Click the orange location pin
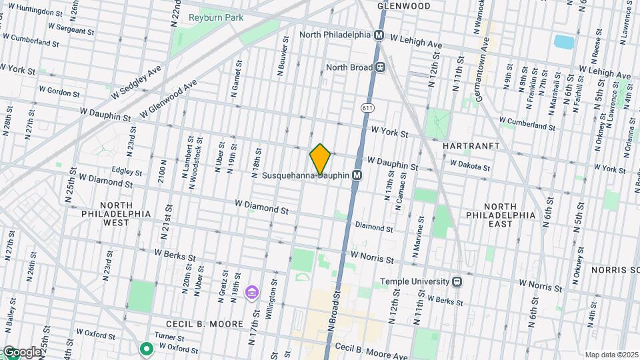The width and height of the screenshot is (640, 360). click(x=320, y=159)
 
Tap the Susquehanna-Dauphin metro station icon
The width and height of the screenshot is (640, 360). click(x=357, y=175)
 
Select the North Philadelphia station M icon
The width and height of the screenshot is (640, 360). click(x=379, y=35)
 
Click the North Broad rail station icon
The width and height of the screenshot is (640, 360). click(x=381, y=67)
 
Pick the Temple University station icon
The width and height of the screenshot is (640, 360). click(x=457, y=281)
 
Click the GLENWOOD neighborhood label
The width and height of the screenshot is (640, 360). click(x=403, y=6)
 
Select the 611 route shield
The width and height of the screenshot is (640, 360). click(x=367, y=107)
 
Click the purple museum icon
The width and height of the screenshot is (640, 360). click(x=251, y=292)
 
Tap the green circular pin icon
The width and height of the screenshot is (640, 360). click(x=146, y=348)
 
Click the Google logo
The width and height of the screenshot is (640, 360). click(x=21, y=352)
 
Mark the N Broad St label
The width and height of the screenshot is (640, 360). click(x=335, y=307)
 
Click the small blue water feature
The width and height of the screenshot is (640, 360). click(x=564, y=41)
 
